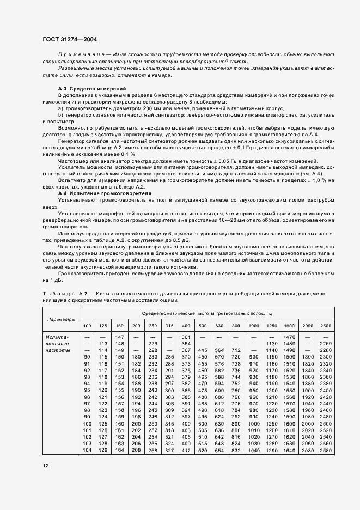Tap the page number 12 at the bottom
pos(45,466)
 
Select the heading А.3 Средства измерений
pos(92,88)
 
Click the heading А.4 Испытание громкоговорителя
pos(105,193)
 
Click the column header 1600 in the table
pos(289,325)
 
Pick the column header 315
pos(169,325)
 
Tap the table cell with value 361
pos(186,337)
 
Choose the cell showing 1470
pos(289,337)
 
